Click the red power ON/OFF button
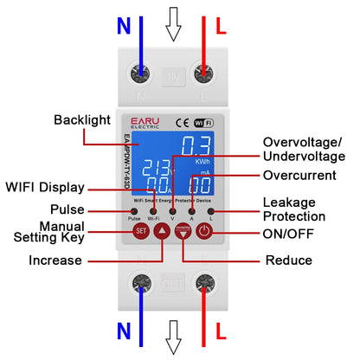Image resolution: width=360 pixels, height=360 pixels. [x=204, y=231]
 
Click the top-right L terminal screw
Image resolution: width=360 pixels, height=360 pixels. [x=204, y=74]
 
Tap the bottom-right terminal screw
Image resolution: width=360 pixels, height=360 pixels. [x=204, y=283]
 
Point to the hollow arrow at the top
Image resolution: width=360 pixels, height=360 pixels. [x=173, y=26]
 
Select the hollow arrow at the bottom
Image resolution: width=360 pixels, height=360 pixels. [x=173, y=335]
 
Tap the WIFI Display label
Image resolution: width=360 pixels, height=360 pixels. [x=45, y=187]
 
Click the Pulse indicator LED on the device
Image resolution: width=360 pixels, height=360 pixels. [x=135, y=210]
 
